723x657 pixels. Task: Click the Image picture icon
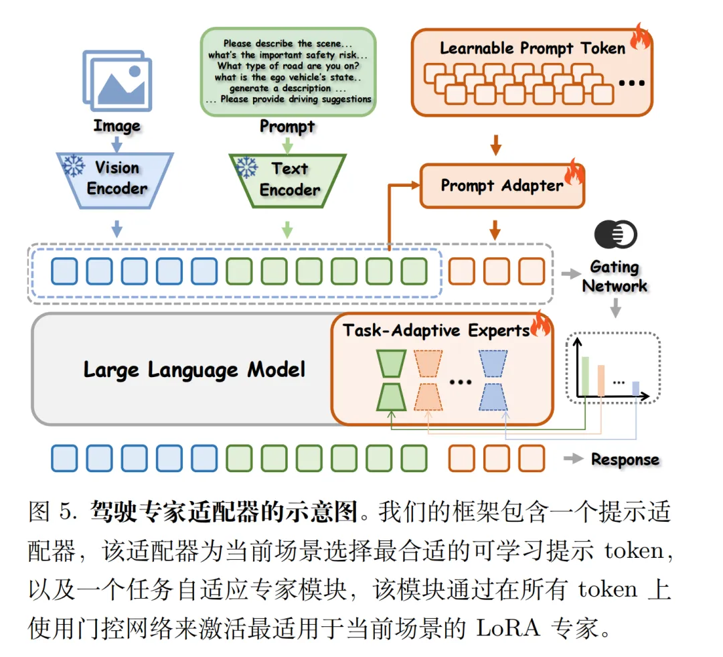click(116, 80)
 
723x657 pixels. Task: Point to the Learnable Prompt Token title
click(532, 48)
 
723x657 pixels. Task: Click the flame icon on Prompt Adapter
click(574, 172)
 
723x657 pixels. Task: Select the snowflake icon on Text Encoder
click(248, 165)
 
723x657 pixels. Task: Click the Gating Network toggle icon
click(615, 234)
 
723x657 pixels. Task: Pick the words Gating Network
click(614, 277)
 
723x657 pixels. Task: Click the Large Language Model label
click(194, 370)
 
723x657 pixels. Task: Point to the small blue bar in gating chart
click(635, 388)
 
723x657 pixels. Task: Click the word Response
click(625, 459)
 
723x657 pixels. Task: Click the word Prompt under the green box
click(287, 126)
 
